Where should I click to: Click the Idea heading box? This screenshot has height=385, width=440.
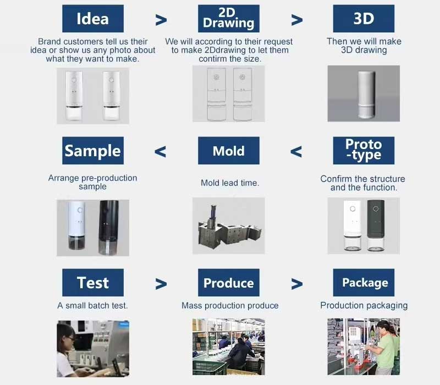pyautogui.click(x=92, y=19)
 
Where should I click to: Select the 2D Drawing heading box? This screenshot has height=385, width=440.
pyautogui.click(x=228, y=19)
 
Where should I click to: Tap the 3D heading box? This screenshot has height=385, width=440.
pyautogui.click(x=364, y=19)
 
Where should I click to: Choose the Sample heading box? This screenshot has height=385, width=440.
pyautogui.click(x=92, y=151)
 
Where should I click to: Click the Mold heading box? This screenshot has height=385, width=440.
pyautogui.click(x=228, y=151)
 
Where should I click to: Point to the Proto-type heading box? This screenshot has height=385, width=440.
pyautogui.click(x=364, y=150)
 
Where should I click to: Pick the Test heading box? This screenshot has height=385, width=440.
pyautogui.click(x=92, y=283)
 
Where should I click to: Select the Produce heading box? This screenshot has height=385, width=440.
pyautogui.click(x=228, y=283)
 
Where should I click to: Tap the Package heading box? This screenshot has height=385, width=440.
pyautogui.click(x=364, y=283)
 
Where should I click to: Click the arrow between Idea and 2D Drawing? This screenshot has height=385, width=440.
pyautogui.click(x=161, y=20)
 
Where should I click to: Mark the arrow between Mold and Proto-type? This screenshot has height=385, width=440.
pyautogui.click(x=296, y=151)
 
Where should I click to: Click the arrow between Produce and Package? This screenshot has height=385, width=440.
pyautogui.click(x=296, y=284)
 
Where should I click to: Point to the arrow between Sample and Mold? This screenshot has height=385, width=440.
pyautogui.click(x=160, y=151)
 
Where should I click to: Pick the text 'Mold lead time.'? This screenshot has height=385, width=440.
pyautogui.click(x=230, y=183)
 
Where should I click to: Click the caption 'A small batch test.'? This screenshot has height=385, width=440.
pyautogui.click(x=92, y=305)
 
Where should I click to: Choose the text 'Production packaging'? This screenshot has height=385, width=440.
pyautogui.click(x=364, y=305)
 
